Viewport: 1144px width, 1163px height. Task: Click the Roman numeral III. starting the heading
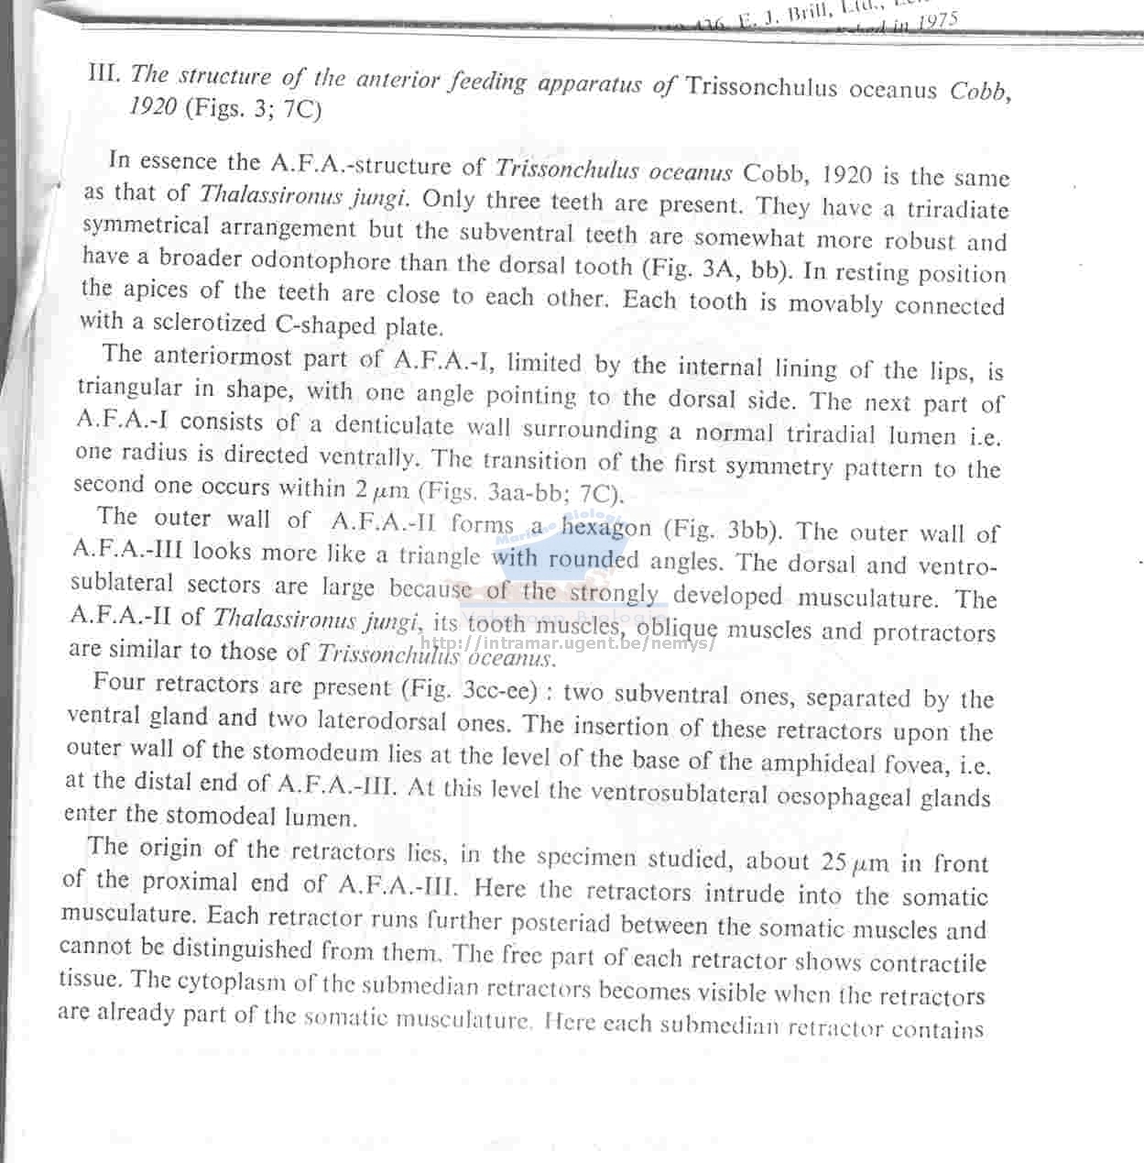tap(104, 72)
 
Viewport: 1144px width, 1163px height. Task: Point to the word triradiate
tap(958, 210)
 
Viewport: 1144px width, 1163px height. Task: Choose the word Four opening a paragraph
tap(119, 683)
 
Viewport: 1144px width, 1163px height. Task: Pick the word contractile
tap(928, 963)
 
